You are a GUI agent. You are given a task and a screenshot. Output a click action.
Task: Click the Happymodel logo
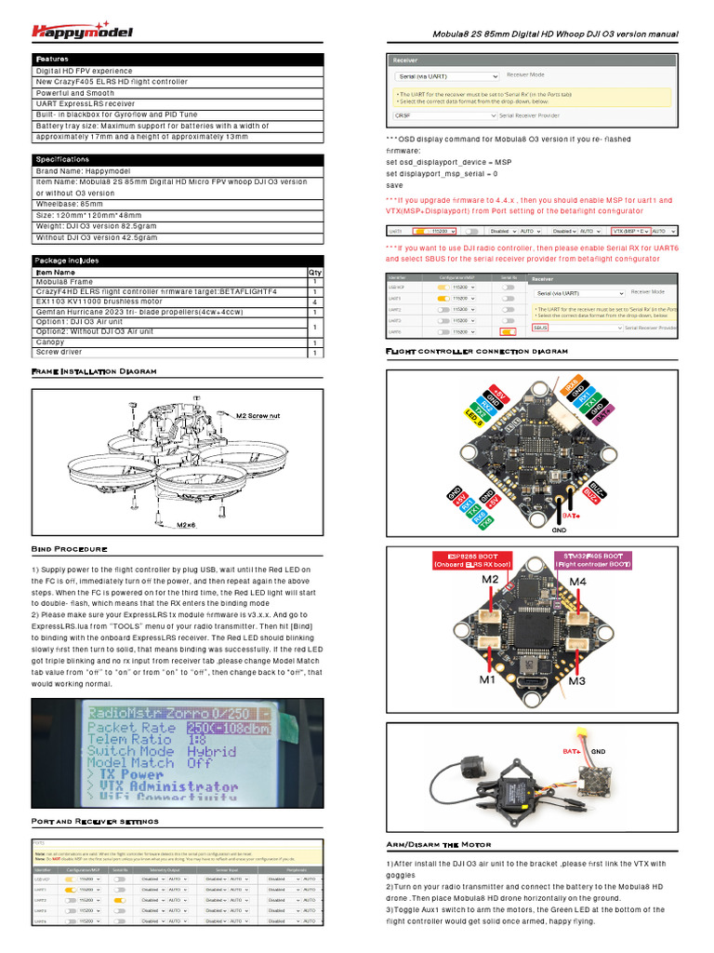tap(82, 30)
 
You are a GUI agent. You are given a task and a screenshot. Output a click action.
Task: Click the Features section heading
tap(53, 59)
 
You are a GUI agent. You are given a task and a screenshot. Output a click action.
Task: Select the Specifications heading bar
tap(63, 159)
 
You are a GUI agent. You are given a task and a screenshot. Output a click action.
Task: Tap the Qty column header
tap(314, 272)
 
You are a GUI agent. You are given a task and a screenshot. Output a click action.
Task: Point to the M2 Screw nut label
tap(258, 415)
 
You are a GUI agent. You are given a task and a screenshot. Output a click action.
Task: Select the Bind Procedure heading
tap(70, 549)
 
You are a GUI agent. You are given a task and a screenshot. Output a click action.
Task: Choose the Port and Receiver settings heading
tap(95, 821)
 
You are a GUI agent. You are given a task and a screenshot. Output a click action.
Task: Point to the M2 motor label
tap(490, 581)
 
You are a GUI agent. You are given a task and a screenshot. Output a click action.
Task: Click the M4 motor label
tap(576, 581)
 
